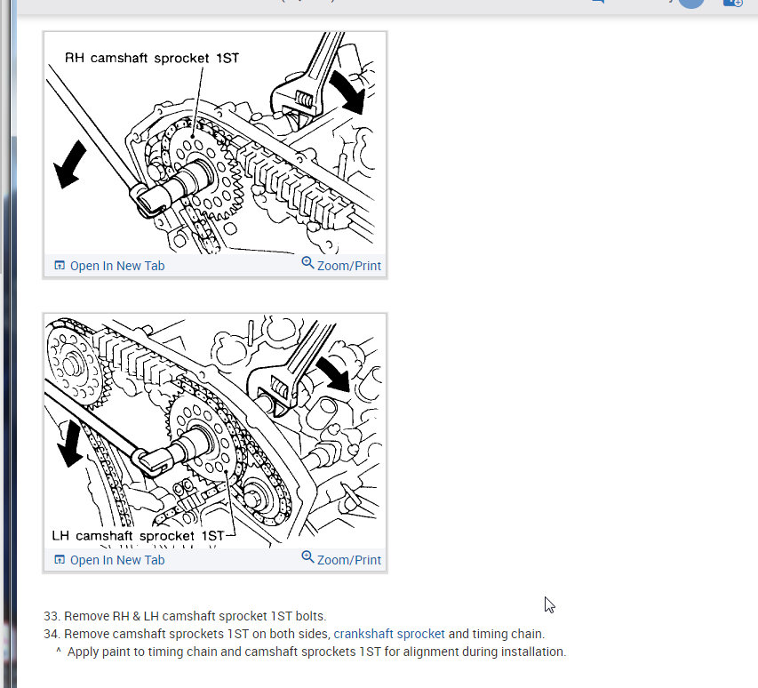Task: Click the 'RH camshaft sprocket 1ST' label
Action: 152,58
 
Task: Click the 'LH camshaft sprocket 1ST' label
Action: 139,536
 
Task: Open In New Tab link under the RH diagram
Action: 109,266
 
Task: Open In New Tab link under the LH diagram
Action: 109,560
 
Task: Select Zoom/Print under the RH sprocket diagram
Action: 341,265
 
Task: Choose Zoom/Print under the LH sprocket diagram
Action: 341,559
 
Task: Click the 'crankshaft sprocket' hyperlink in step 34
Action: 389,634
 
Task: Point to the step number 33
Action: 52,616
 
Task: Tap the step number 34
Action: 52,634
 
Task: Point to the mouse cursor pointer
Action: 549,604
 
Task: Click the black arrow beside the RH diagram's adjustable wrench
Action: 347,92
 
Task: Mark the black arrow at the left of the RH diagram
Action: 69,164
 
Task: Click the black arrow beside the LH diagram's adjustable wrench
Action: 333,373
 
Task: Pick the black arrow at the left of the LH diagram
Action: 70,444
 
